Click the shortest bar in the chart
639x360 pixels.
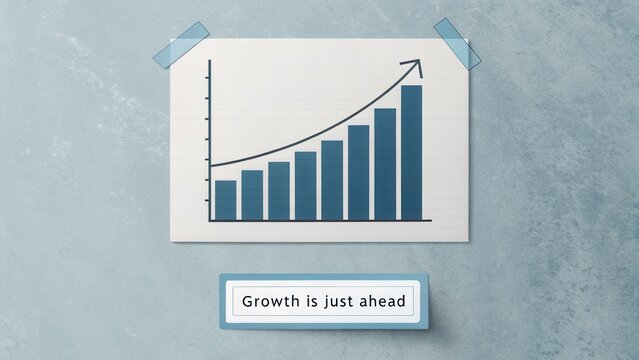click(225, 199)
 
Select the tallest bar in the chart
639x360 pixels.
click(411, 152)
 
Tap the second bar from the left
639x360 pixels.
click(252, 194)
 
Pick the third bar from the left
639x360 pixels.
click(279, 190)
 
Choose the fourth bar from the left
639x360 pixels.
click(305, 185)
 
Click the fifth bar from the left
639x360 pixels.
click(332, 179)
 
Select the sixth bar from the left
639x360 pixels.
click(358, 172)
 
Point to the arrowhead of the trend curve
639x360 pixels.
click(415, 66)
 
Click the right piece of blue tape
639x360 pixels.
click(457, 44)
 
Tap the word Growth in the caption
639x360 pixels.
click(268, 301)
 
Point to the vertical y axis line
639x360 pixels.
click(210, 140)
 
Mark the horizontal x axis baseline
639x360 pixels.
click(320, 220)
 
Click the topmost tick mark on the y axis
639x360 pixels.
click(208, 79)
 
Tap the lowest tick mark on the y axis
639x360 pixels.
click(208, 200)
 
